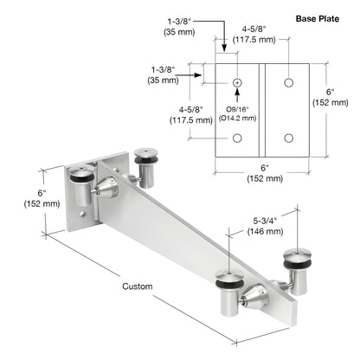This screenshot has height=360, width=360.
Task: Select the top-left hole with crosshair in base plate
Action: [x=236, y=83]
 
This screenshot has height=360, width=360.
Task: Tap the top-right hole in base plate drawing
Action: [x=289, y=83]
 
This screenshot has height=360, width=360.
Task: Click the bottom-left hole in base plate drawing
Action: [x=236, y=136]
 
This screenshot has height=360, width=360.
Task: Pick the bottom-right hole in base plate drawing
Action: [x=289, y=136]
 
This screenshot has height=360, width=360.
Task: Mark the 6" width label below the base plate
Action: [x=265, y=174]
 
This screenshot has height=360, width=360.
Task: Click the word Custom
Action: [x=137, y=286]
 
